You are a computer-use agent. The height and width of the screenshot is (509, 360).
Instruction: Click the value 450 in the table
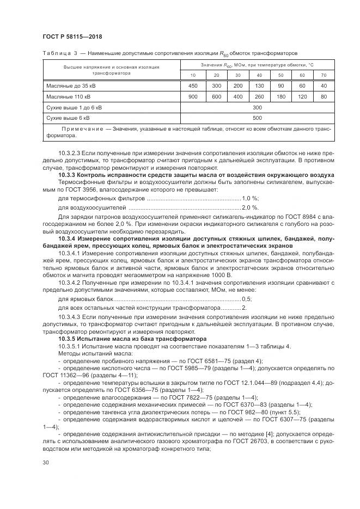193,85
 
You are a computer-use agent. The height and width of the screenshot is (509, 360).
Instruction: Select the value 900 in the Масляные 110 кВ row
193,96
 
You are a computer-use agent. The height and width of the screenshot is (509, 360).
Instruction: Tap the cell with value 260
259,96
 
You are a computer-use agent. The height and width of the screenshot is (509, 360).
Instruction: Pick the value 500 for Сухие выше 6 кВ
258,118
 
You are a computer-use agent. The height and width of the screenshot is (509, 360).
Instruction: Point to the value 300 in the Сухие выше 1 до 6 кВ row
258,107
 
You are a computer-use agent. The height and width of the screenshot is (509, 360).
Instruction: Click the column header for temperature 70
324,75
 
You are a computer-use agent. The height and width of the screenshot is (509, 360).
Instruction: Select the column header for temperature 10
193,75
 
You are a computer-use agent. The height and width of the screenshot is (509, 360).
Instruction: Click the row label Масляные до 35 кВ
68,85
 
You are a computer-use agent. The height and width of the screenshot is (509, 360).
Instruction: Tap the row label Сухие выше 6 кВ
68,118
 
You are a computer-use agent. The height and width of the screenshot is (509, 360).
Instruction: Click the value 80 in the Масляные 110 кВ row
324,96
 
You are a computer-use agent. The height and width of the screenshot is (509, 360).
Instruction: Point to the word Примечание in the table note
79,128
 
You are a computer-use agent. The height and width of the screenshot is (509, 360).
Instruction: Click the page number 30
46,463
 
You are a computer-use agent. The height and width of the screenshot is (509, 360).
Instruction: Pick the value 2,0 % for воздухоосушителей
251,208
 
